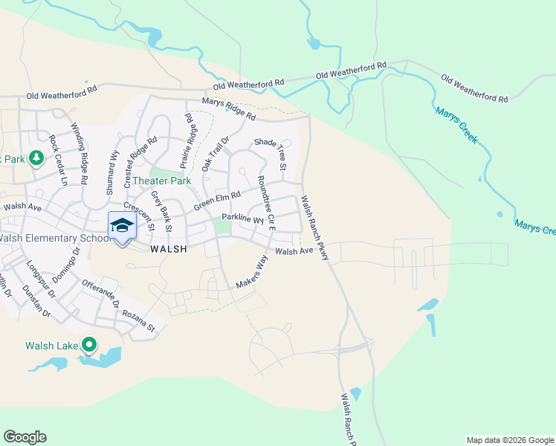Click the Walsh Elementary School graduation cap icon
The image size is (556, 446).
coord(122,225)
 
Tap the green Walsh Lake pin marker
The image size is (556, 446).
coord(89,344)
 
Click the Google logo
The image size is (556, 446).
coord(25,437)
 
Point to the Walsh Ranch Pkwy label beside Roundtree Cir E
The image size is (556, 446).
coord(314,227)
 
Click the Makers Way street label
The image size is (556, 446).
coord(251,273)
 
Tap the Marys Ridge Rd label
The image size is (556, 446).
coord(228,110)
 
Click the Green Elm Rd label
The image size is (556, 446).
coord(217,201)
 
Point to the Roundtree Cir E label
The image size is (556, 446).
coord(266,203)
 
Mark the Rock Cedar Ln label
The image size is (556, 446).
coord(58,160)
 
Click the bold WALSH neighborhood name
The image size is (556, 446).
coord(167,251)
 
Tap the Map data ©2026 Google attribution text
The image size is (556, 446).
coord(509,440)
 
